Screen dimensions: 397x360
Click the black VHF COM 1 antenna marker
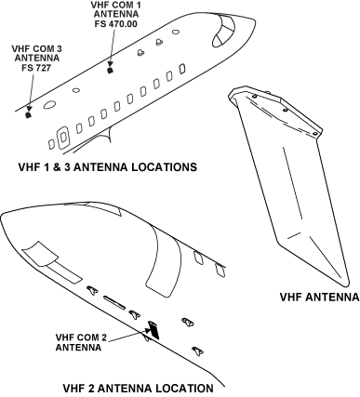point(111,69)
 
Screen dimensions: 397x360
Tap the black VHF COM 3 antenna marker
point(29,116)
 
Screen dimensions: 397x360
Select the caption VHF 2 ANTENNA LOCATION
point(137,387)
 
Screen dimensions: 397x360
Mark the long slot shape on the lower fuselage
point(114,301)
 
